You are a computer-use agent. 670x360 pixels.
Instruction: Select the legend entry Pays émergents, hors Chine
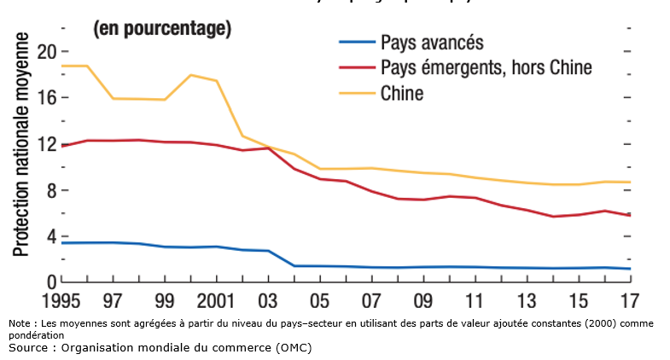tap(486, 67)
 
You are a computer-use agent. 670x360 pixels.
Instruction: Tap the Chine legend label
tap(402, 93)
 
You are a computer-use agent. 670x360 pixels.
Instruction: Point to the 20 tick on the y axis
tap(46, 51)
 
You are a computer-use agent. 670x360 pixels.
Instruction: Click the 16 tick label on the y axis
tap(46, 97)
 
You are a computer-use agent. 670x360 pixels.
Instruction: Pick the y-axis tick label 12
tap(46, 143)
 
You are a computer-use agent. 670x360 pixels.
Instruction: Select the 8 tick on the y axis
tap(50, 189)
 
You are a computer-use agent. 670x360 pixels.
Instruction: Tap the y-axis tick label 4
tap(50, 235)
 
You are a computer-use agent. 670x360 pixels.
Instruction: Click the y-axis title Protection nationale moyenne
tap(20, 145)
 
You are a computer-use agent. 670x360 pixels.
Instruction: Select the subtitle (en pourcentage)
tap(162, 29)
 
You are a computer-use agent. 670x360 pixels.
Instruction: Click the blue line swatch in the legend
tap(356, 42)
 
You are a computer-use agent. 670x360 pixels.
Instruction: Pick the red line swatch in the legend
tap(356, 67)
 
